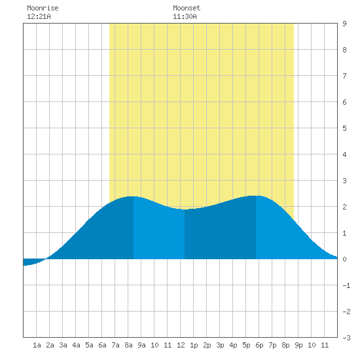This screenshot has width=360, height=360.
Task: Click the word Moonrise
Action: (43, 8)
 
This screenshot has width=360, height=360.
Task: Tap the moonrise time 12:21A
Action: (39, 16)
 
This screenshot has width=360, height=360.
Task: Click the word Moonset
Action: (187, 8)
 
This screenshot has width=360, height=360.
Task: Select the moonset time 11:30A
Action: (185, 16)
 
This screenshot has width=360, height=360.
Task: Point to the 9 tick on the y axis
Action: (344, 24)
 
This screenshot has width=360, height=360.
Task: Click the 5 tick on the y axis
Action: (344, 128)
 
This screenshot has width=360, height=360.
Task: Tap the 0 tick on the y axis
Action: (344, 259)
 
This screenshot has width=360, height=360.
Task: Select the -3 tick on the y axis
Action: (346, 338)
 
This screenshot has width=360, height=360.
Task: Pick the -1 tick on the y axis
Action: (346, 285)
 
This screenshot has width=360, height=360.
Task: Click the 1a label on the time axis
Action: (37, 345)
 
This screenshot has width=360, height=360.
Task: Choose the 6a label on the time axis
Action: (102, 345)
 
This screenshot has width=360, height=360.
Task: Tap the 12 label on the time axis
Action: (181, 345)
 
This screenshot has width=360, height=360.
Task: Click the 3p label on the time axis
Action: (220, 345)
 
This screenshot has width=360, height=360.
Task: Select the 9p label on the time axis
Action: (298, 345)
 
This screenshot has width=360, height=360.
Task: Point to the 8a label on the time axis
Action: (128, 345)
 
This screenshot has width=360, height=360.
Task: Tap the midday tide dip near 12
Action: (185, 209)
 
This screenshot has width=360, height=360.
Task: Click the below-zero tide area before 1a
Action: (32, 262)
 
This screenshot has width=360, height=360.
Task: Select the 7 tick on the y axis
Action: (344, 76)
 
